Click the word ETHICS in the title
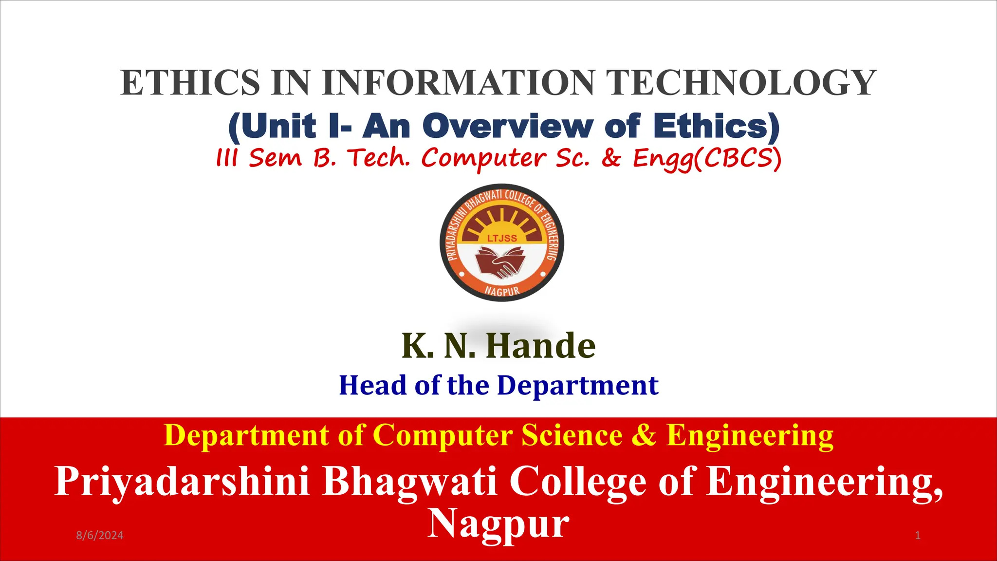click(190, 83)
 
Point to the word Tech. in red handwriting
click(379, 158)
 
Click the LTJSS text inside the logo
click(502, 238)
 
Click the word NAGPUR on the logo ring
click(502, 291)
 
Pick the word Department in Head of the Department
click(578, 385)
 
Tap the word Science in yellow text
click(572, 435)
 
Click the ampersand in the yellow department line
click(644, 435)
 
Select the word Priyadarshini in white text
click(182, 482)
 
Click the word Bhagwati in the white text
click(410, 482)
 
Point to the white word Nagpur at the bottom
click(498, 524)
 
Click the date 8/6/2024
click(100, 536)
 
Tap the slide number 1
click(918, 536)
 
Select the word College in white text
click(578, 482)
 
